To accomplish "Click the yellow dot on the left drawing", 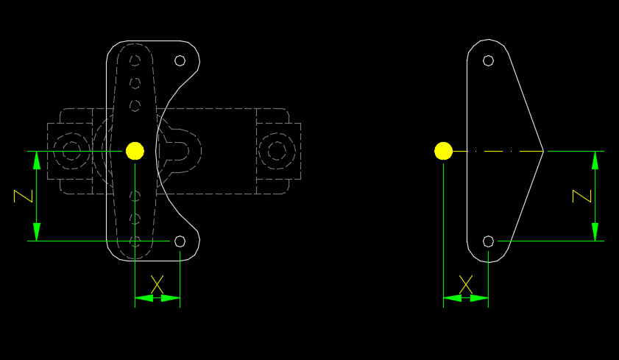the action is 135,151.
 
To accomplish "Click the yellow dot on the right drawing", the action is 443,151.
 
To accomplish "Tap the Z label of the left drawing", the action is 23,196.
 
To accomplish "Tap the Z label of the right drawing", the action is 582,196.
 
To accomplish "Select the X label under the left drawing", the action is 157,285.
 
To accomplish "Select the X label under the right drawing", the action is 466,285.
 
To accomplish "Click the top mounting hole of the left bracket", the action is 180,61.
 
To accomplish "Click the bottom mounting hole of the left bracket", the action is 180,241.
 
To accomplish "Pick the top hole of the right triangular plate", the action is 488,61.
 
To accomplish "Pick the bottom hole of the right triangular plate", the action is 488,241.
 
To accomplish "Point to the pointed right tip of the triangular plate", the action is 544,151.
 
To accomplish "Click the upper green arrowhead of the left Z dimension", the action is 37,160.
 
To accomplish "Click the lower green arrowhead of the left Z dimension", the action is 37,232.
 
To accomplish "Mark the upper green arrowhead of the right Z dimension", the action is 595,160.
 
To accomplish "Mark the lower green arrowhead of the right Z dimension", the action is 595,232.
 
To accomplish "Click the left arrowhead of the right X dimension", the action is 453,298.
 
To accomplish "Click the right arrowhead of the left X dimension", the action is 171,298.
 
